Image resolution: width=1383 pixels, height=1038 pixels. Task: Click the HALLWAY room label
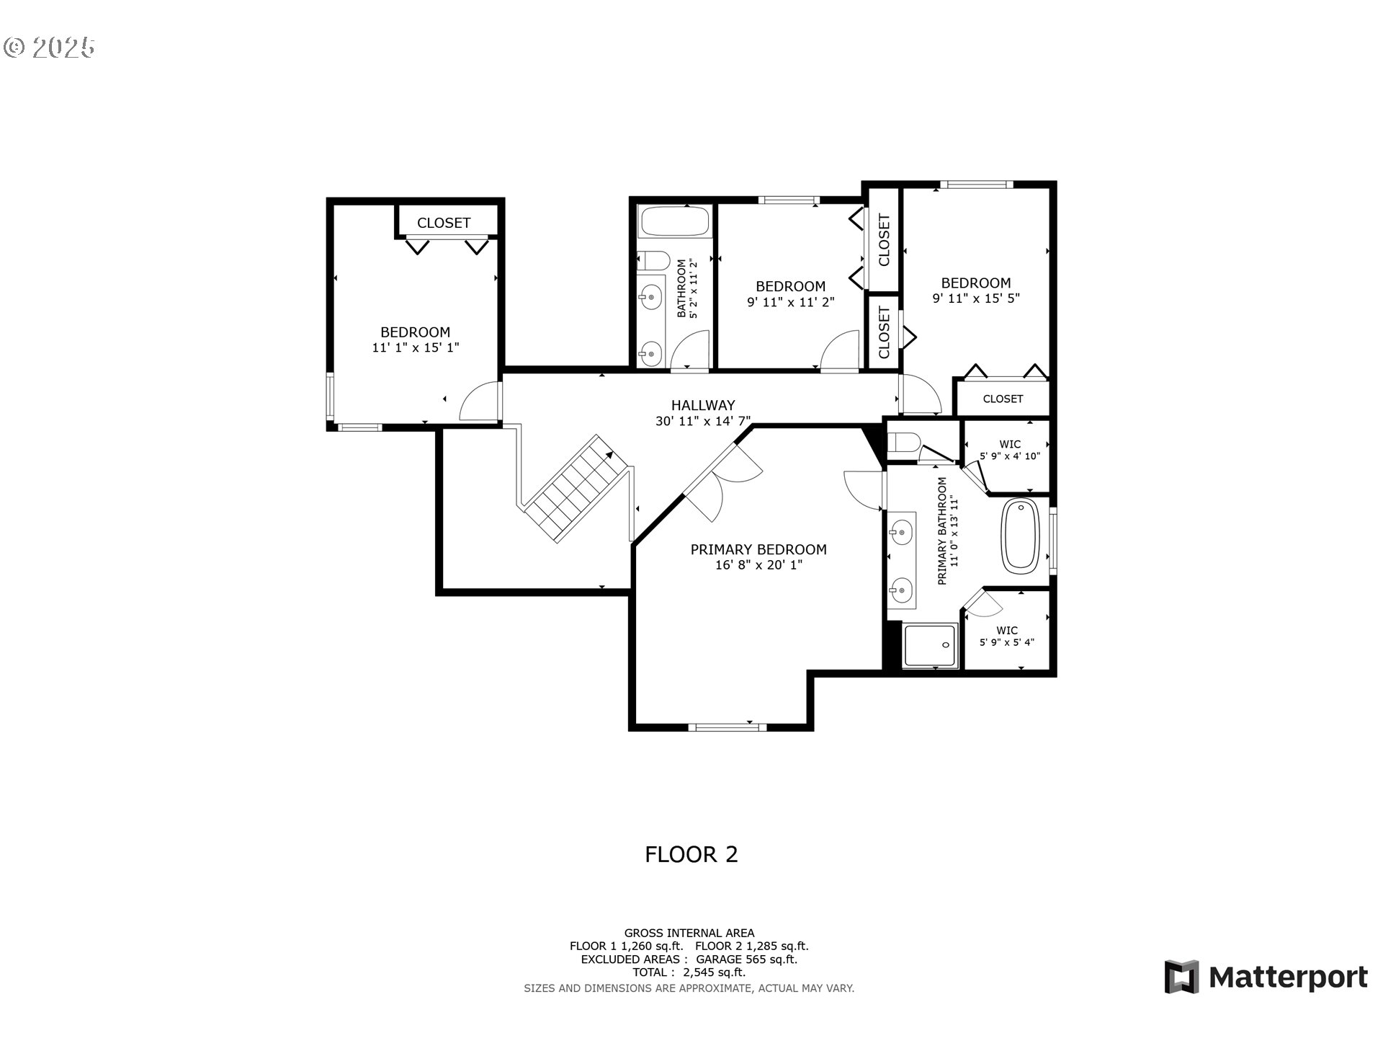pos(702,406)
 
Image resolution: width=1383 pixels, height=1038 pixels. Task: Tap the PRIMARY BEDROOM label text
pos(758,550)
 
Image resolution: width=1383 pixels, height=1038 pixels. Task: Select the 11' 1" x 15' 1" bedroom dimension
pos(416,348)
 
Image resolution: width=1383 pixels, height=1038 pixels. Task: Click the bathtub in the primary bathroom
pos(1021,536)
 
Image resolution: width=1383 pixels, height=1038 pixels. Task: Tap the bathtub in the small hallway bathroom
pos(675,221)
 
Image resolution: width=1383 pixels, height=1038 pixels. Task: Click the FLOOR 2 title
pos(691,855)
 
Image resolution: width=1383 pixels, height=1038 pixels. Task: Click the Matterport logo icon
pos(1181,977)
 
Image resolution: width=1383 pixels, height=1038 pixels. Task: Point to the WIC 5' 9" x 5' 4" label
pos(1007,636)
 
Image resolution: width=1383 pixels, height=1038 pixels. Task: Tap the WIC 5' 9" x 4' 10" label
pos(1010,451)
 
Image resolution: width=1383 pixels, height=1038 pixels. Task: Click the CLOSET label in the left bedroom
pos(444,223)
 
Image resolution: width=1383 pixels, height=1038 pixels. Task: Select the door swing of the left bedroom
pos(479,402)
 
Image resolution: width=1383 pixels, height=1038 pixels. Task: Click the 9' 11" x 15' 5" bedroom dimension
pos(976,298)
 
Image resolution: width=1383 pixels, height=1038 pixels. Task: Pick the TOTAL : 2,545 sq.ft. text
pos(689,972)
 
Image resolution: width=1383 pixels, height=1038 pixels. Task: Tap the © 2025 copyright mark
pos(49,48)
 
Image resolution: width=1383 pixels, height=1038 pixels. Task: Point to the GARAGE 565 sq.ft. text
pos(746,959)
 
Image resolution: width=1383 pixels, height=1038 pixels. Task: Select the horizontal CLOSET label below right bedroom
pos(1003,399)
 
